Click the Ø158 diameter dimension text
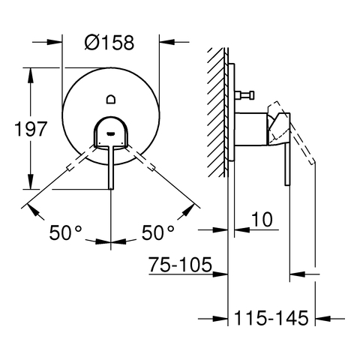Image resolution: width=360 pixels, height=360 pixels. pos(109,42)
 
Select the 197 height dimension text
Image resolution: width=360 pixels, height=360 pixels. pos(31,129)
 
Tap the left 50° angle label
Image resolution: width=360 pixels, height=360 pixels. pos(65,232)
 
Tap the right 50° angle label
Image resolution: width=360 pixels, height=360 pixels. pos(157,232)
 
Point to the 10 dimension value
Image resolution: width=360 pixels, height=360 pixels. pos(262,220)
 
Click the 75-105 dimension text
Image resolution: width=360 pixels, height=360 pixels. pos(180,265)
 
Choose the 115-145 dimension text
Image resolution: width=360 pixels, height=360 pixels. pos(271,318)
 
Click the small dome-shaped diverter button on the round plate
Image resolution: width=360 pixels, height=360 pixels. pos(111,99)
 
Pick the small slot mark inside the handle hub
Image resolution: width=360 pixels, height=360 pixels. pos(111,133)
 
